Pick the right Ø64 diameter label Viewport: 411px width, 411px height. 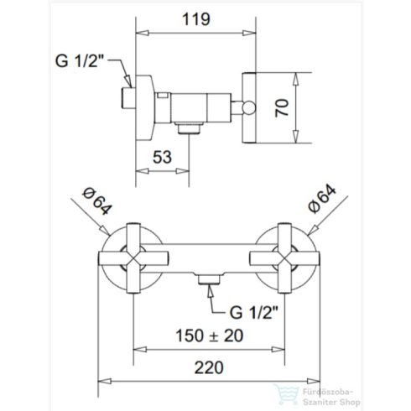(324, 203)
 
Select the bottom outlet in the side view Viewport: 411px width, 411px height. (191, 128)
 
